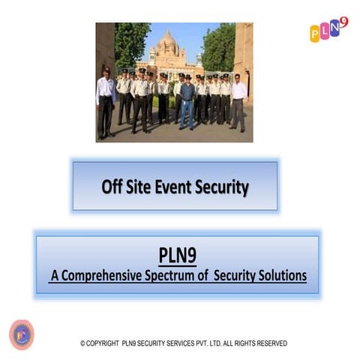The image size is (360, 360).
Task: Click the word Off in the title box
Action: pos(113,187)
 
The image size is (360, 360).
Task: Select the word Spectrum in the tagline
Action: pos(175,276)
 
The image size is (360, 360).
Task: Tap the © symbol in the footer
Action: pos(82,343)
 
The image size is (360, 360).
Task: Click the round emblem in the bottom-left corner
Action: pos(21,334)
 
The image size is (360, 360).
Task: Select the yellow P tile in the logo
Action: pos(316,34)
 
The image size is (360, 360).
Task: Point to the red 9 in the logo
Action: pos(344,22)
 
